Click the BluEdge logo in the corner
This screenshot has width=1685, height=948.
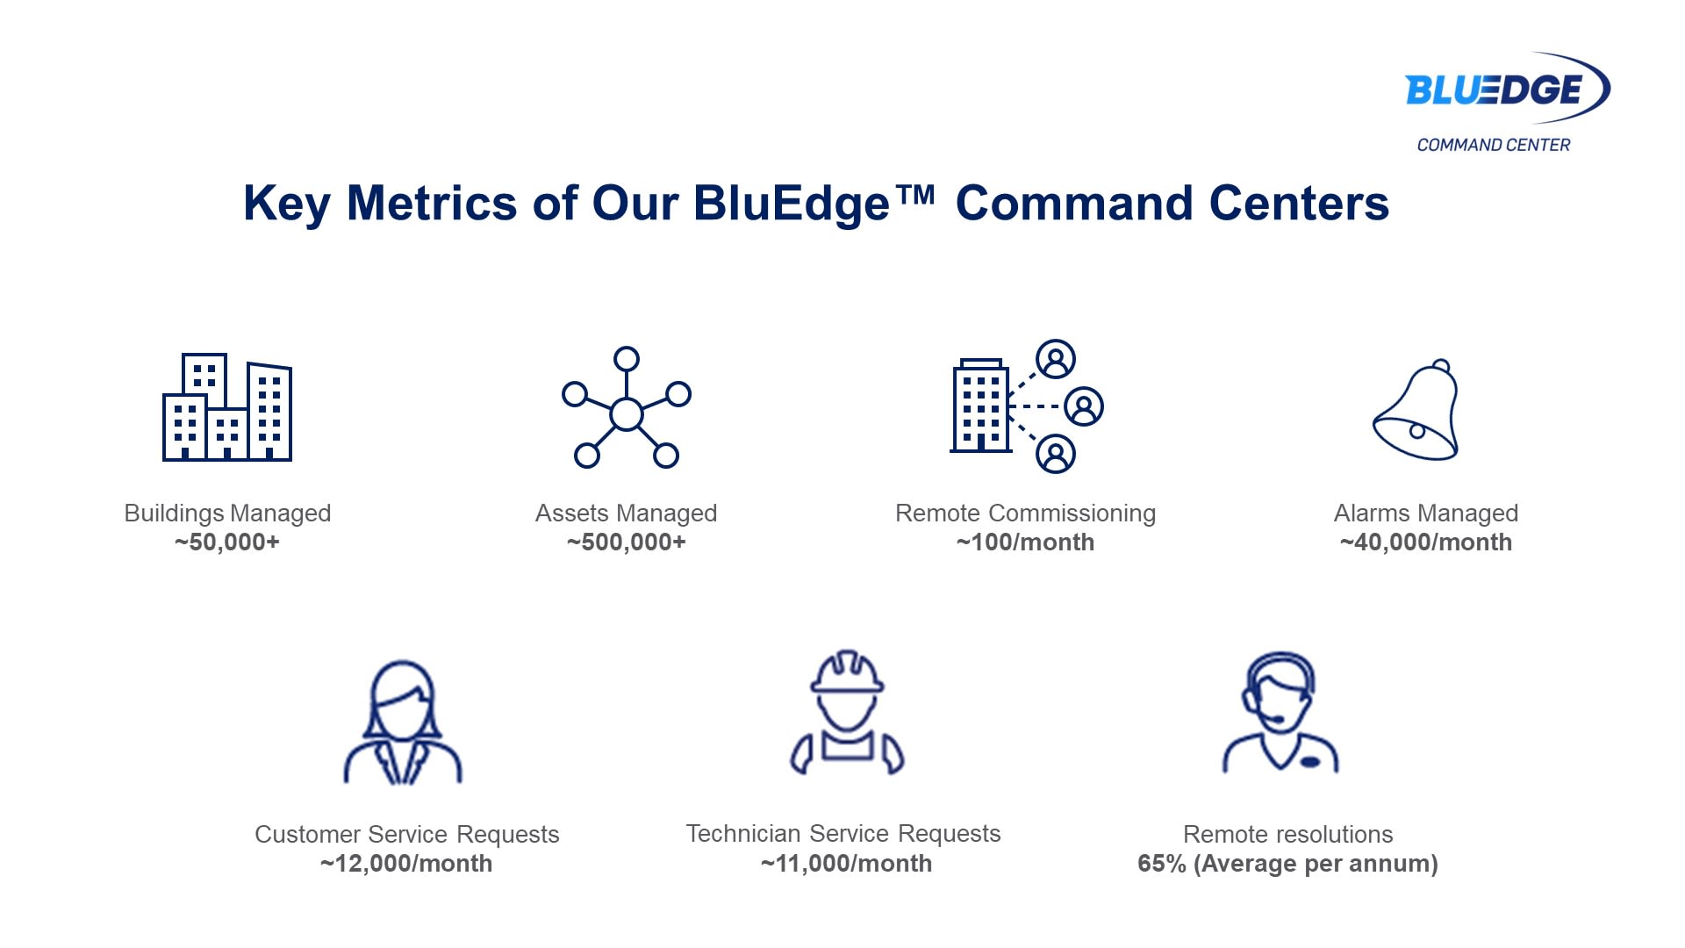[x=1508, y=89]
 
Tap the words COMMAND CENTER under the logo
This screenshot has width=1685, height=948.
[x=1494, y=145]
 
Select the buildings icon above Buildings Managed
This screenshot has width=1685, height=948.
[x=227, y=407]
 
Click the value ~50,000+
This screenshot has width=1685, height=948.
[x=227, y=542]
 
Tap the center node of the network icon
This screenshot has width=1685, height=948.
[x=627, y=414]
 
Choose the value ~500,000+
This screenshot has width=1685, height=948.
[x=627, y=542]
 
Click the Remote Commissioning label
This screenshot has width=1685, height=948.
[x=1025, y=513]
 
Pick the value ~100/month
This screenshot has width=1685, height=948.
[x=1025, y=542]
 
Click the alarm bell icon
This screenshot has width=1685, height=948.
[x=1416, y=409]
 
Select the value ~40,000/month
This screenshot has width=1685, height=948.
[x=1426, y=542]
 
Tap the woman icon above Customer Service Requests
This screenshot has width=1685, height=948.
[x=403, y=722]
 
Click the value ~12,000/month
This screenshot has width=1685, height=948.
[x=406, y=864]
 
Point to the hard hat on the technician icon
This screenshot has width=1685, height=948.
[x=847, y=672]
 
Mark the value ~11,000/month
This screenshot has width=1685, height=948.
[x=846, y=864]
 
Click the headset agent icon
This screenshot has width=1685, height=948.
[x=1280, y=713]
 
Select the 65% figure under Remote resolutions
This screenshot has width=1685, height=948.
[x=1162, y=864]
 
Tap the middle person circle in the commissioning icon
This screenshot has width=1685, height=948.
[x=1084, y=406]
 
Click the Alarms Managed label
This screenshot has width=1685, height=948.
[x=1426, y=513]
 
